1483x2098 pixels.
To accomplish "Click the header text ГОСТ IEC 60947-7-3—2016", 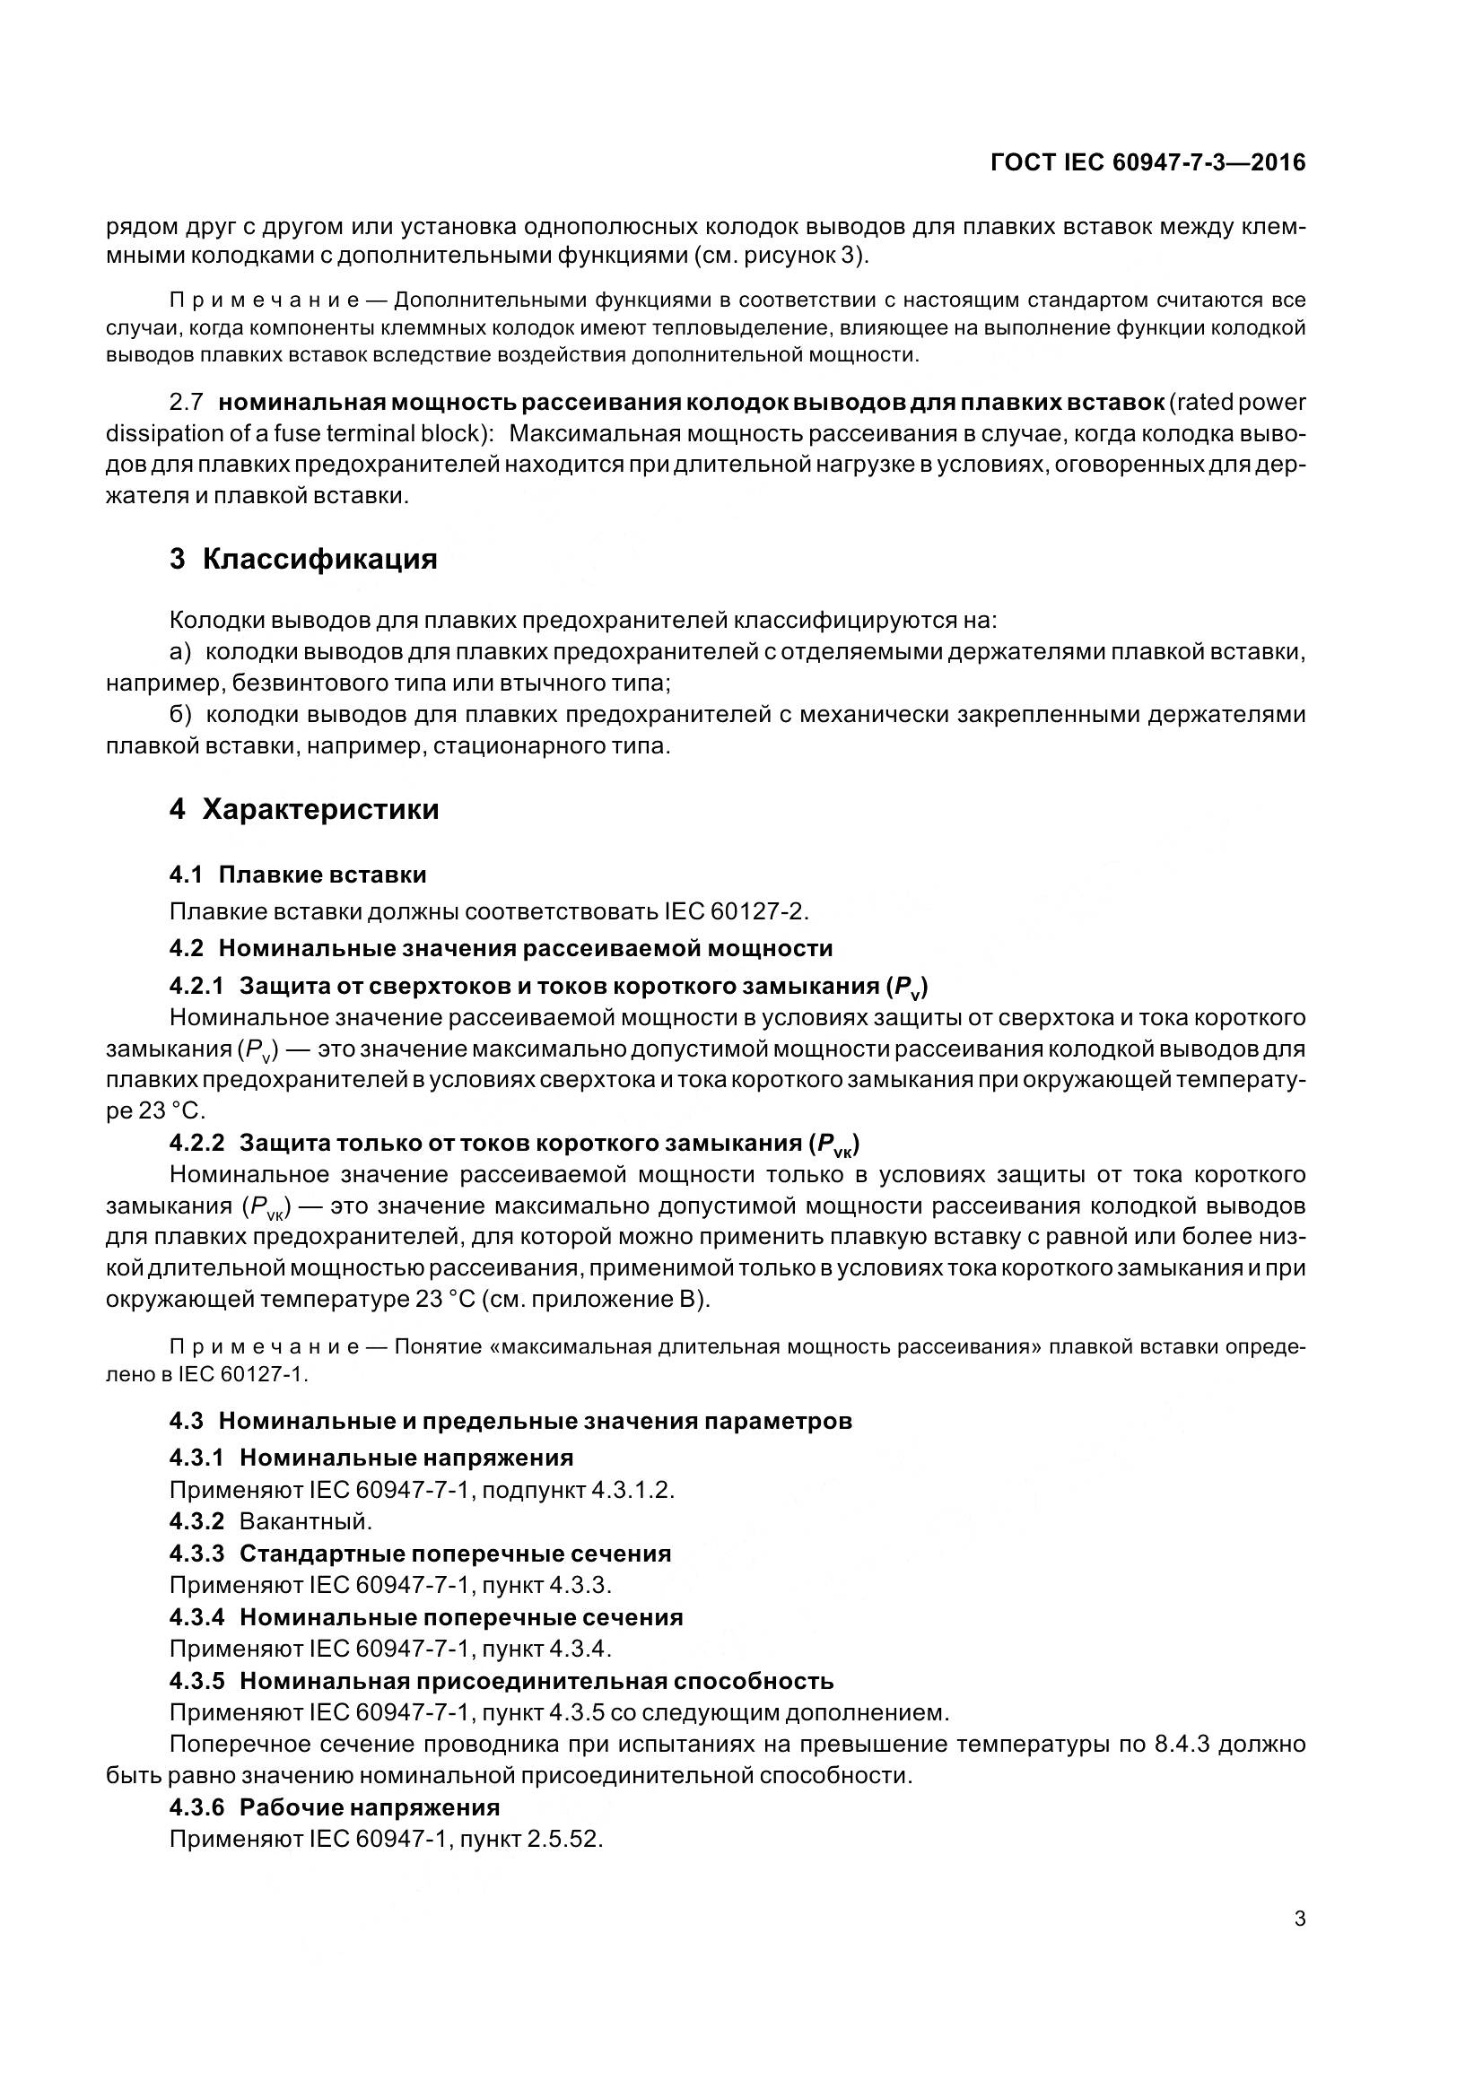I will tap(1147, 162).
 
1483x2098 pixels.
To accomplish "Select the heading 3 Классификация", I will tap(303, 558).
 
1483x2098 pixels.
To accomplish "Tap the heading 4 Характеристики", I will tap(304, 809).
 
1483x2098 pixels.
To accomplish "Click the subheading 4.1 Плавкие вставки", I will tap(298, 875).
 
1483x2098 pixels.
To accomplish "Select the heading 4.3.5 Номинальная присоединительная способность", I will tap(502, 1680).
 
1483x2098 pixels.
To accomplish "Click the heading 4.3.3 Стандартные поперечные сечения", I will tap(421, 1554).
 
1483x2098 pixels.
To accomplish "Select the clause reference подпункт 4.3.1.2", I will tap(578, 1490).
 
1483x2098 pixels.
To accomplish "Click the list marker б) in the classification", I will tap(181, 715).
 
